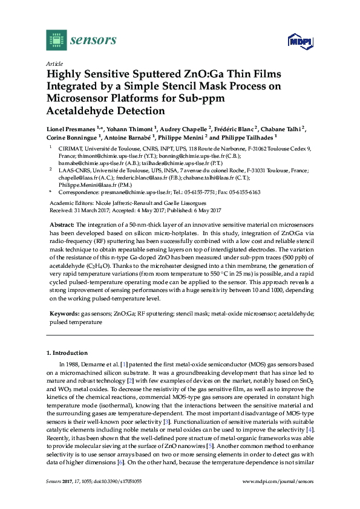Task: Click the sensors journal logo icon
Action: [56, 40]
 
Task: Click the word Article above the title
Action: [54, 63]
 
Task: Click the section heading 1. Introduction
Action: [67, 352]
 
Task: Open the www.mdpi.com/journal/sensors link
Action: [277, 482]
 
